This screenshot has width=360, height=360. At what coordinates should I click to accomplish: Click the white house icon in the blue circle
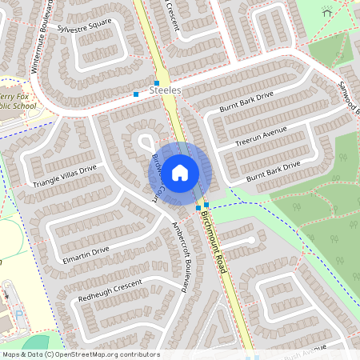pos(180,171)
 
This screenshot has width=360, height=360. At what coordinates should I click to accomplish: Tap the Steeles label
pos(165,91)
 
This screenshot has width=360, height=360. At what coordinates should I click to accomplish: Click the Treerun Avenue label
pos(261,136)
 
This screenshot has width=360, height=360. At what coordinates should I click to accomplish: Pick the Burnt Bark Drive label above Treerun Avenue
pos(246,102)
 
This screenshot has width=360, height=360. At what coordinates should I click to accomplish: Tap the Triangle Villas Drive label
pos(64,177)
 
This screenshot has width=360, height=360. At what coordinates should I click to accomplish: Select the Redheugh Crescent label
pos(110,291)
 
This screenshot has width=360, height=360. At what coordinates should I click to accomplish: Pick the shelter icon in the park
pos(326,12)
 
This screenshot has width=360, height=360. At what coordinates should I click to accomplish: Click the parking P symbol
pos(18,315)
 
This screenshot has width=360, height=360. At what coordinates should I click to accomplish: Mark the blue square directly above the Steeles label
pos(157,83)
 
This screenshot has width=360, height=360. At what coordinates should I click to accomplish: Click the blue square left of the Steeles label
pos(137,94)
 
